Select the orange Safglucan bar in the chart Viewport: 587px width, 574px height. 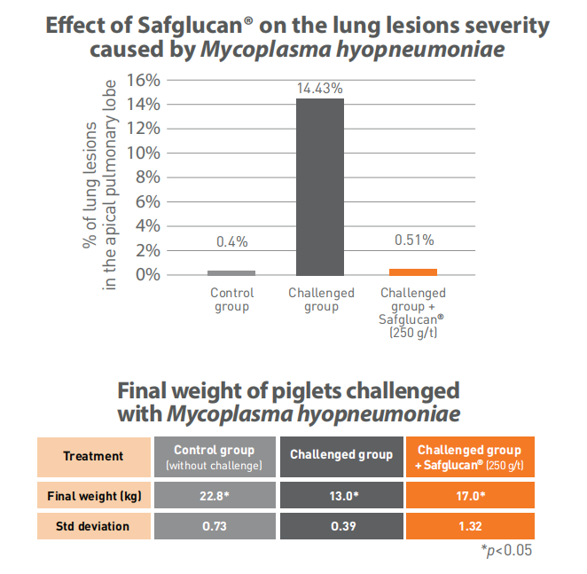pyautogui.click(x=412, y=271)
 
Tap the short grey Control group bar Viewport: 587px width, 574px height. pyautogui.click(x=231, y=272)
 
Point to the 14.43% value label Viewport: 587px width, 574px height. pyautogui.click(x=319, y=89)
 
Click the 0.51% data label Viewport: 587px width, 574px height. pyautogui.click(x=412, y=240)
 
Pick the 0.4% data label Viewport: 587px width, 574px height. pyautogui.click(x=231, y=242)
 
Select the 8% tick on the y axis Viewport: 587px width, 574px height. pyautogui.click(x=147, y=177)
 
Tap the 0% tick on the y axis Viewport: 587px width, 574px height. pyautogui.click(x=147, y=275)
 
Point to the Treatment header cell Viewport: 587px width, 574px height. pyautogui.click(x=93, y=456)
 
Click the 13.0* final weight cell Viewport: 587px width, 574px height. pyautogui.click(x=340, y=495)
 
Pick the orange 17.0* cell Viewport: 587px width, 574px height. pyautogui.click(x=469, y=495)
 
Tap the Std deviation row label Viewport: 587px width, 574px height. pyautogui.click(x=93, y=526)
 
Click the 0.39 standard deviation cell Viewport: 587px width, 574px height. pyautogui.click(x=340, y=526)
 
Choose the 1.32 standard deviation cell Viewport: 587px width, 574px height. pyautogui.click(x=469, y=526)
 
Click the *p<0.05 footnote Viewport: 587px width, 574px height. pyautogui.click(x=507, y=551)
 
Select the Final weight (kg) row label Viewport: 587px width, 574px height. pyautogui.click(x=93, y=495)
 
